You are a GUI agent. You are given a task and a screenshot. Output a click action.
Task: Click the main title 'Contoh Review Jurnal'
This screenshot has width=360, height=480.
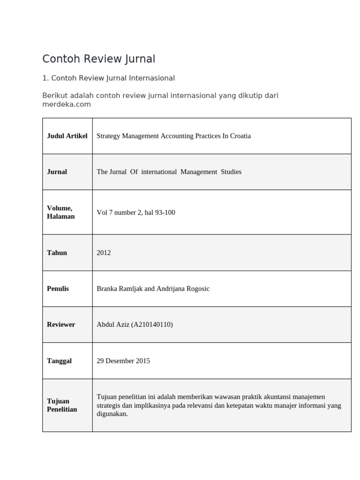pyautogui.click(x=98, y=59)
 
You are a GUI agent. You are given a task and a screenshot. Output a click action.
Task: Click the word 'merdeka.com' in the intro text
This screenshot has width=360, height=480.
pyautogui.click(x=66, y=104)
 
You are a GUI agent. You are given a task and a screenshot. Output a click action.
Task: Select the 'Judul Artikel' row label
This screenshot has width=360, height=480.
pyautogui.click(x=67, y=136)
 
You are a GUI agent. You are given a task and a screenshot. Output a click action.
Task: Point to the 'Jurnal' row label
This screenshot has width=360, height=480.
pyautogui.click(x=57, y=172)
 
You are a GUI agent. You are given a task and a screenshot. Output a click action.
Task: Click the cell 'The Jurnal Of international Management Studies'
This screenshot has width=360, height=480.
pyautogui.click(x=169, y=172)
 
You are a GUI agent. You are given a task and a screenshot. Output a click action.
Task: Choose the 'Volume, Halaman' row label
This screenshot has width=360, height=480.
pyautogui.click(x=61, y=212)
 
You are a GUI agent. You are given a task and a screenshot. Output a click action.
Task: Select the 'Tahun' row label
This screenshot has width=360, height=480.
pyautogui.click(x=57, y=253)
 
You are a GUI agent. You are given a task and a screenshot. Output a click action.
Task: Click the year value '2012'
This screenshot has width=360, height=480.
pyautogui.click(x=104, y=253)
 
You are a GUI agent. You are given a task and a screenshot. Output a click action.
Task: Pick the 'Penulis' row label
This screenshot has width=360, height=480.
pyautogui.click(x=58, y=288)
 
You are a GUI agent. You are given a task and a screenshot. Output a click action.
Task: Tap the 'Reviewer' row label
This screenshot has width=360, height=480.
pyautogui.click(x=61, y=324)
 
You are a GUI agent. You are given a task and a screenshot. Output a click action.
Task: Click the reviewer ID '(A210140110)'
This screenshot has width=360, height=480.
pyautogui.click(x=152, y=324)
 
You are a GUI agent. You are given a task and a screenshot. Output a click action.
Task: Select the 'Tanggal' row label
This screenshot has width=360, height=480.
pyautogui.click(x=59, y=361)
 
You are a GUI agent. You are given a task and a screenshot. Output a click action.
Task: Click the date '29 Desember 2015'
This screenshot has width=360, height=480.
pyautogui.click(x=123, y=361)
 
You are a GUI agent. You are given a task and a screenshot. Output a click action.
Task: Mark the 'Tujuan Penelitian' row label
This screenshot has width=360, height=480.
pyautogui.click(x=62, y=405)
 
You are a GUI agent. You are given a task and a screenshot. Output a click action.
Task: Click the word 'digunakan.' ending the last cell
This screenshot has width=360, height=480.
pyautogui.click(x=112, y=414)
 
